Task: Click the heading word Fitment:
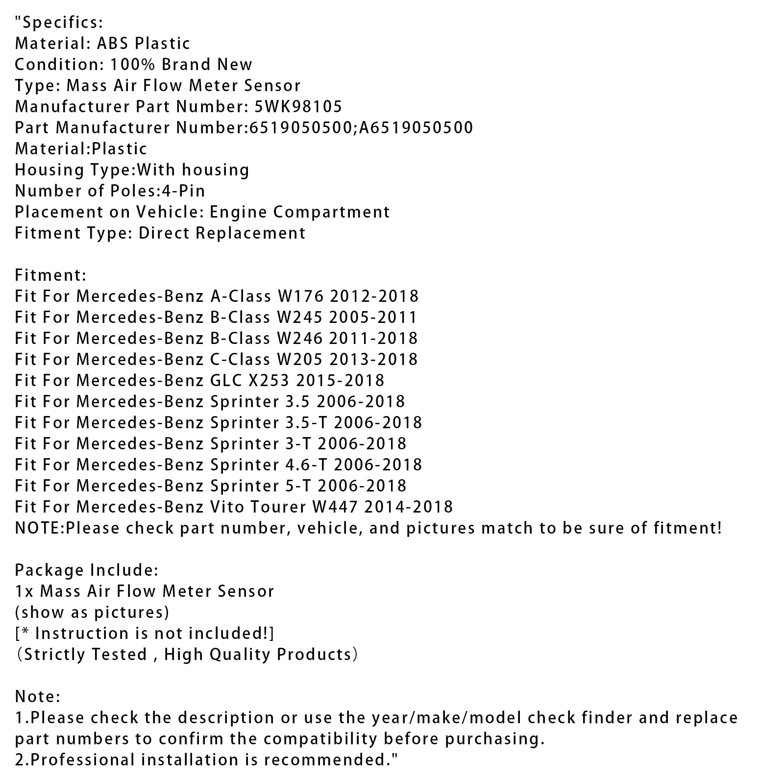50,275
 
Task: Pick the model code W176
300,296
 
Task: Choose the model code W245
299,317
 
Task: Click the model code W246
299,338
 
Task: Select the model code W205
299,359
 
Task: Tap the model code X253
266,380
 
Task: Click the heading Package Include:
87,570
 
